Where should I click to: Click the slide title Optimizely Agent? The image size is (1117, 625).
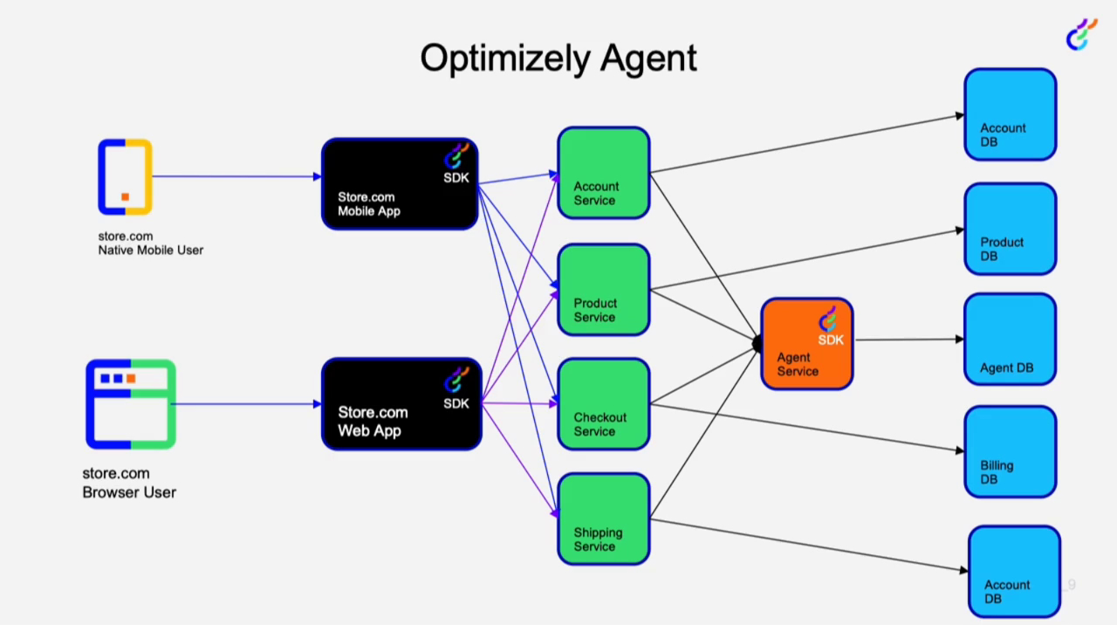coord(558,58)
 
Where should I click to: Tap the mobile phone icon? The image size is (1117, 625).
coord(125,176)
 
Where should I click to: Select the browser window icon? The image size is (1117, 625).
coord(131,404)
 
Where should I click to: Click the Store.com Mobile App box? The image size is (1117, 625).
coord(400,184)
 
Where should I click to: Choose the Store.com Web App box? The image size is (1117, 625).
coord(401,404)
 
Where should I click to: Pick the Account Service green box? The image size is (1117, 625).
coord(604,173)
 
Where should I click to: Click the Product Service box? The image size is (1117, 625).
coord(604,290)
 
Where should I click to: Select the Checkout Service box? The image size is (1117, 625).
coord(604,404)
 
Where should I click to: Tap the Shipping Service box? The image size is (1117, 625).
coord(604,519)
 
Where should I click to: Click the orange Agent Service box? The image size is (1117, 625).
coord(806,344)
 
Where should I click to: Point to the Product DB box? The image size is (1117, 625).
coord(1010,229)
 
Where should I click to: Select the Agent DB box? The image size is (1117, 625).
coord(1010,340)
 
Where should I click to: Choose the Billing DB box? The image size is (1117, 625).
coord(1010,452)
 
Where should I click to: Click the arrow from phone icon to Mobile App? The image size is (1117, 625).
coord(236,176)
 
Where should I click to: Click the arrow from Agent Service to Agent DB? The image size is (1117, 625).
coord(908,340)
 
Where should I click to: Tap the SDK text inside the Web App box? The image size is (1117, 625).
coord(456,403)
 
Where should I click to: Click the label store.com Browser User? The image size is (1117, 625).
coord(129,483)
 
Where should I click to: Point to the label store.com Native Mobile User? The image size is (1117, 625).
coord(150,243)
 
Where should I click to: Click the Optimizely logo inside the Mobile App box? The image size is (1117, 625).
coord(456,155)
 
